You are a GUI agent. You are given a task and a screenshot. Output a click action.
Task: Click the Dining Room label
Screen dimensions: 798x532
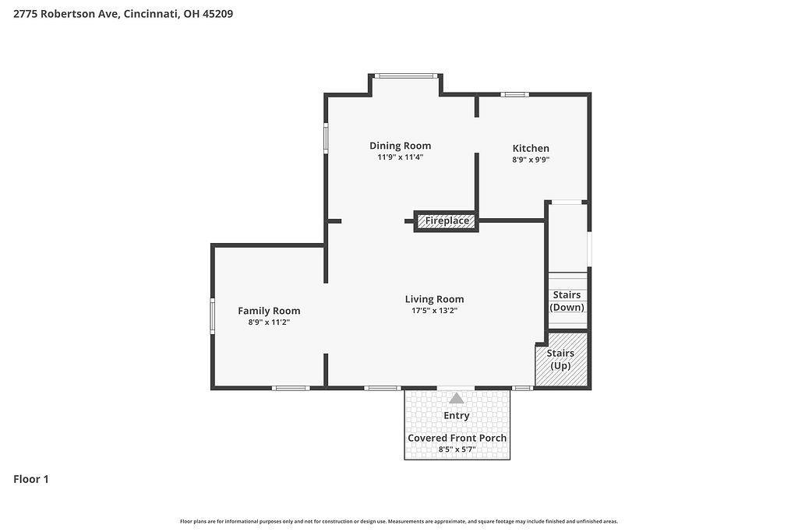pyautogui.click(x=400, y=146)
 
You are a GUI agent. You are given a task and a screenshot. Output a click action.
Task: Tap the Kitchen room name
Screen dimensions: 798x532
pyautogui.click(x=531, y=148)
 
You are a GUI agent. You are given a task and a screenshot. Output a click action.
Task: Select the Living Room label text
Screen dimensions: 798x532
pyautogui.click(x=435, y=299)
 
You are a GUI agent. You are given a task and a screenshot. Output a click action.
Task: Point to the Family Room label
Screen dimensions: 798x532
pyautogui.click(x=269, y=310)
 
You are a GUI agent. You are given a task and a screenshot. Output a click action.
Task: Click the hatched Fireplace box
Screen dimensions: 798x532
pyautogui.click(x=447, y=220)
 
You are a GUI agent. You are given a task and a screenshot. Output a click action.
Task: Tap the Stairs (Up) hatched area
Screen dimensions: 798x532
pyautogui.click(x=561, y=359)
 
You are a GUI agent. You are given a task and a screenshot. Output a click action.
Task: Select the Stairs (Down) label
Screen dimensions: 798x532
pyautogui.click(x=567, y=301)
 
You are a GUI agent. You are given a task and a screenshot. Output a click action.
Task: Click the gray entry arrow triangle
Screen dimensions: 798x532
pyautogui.click(x=457, y=398)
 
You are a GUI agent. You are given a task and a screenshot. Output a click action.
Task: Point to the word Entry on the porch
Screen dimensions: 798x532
pyautogui.click(x=457, y=415)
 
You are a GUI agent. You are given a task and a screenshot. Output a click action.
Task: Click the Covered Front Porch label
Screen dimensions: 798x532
pyautogui.click(x=457, y=438)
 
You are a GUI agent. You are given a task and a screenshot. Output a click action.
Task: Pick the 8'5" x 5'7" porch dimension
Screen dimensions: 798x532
pyautogui.click(x=457, y=449)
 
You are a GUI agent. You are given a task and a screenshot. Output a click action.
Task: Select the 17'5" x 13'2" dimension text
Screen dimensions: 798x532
pyautogui.click(x=435, y=310)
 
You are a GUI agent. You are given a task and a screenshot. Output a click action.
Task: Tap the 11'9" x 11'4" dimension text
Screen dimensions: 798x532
pyautogui.click(x=400, y=157)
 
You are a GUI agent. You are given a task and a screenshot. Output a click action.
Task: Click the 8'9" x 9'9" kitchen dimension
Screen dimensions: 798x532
pyautogui.click(x=531, y=159)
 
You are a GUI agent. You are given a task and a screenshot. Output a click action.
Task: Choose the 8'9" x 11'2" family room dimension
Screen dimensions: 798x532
pyautogui.click(x=269, y=322)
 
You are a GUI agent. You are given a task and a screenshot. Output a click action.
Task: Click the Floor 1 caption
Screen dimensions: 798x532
pyautogui.click(x=31, y=479)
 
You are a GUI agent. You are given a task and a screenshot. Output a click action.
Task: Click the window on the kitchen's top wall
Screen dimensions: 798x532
pyautogui.click(x=514, y=94)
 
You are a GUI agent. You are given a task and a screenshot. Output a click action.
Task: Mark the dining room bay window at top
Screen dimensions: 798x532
pyautogui.click(x=405, y=76)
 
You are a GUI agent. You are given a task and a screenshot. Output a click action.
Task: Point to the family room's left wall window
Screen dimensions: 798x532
pyautogui.click(x=213, y=315)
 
